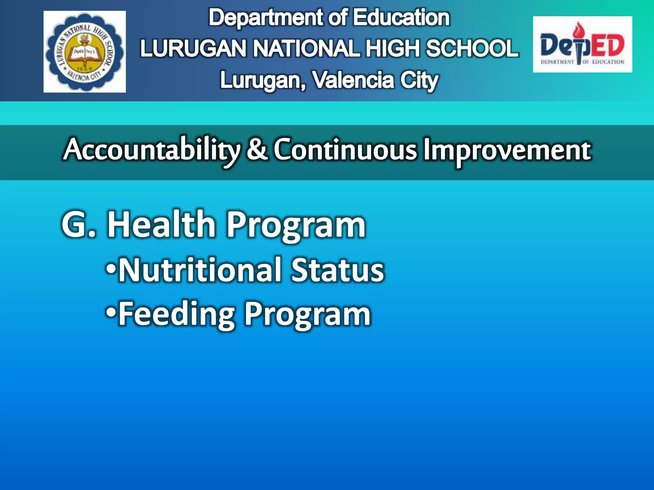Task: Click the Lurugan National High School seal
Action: pos(85,52)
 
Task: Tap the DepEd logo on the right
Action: pos(582,45)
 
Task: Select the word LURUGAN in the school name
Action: pos(193,48)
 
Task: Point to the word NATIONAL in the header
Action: pos(307,48)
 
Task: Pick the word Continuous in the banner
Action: pos(345,149)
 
